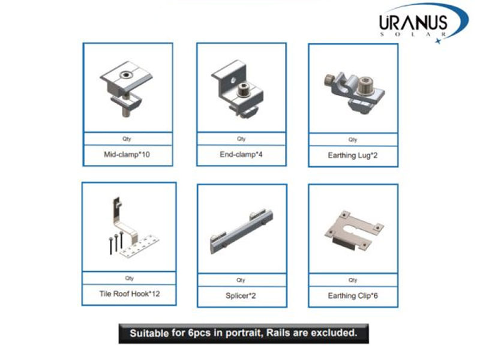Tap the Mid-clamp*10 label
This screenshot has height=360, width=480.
tap(127, 155)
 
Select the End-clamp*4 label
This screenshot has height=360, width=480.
tap(241, 154)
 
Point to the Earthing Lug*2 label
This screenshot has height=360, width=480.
tap(353, 155)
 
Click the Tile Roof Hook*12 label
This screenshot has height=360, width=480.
tap(130, 294)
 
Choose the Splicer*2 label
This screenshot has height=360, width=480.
tap(241, 296)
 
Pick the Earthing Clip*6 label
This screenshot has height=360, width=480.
tap(353, 296)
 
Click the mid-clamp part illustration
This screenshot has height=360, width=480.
tap(126, 88)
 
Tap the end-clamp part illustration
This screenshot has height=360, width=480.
tap(238, 89)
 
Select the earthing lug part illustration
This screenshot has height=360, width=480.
tap(355, 92)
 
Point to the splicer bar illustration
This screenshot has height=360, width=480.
tap(242, 232)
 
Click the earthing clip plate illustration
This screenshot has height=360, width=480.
tap(354, 230)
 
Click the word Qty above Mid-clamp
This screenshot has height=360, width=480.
tap(127, 139)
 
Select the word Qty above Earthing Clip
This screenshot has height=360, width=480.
tap(353, 280)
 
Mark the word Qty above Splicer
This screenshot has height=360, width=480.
tap(241, 280)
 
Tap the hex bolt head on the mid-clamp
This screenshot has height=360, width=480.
tap(125, 74)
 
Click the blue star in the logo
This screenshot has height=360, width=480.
tap(439, 41)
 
